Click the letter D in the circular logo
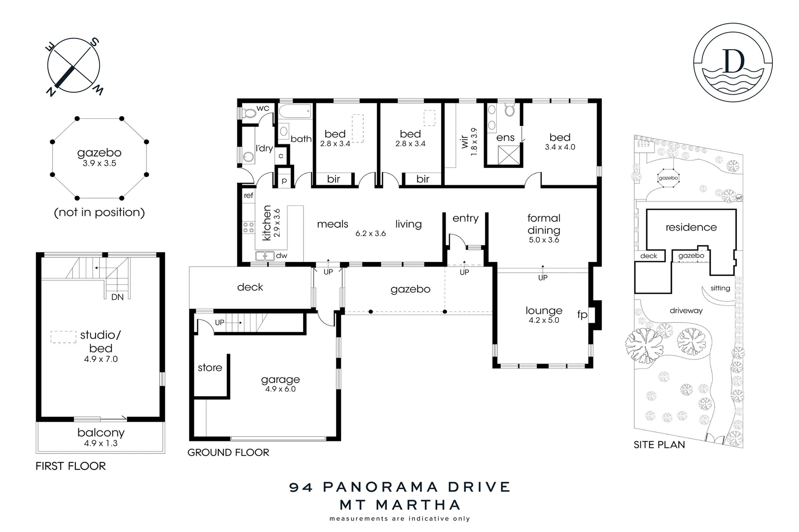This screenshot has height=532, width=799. click(x=733, y=61)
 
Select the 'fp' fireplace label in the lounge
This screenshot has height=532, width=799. click(x=582, y=314)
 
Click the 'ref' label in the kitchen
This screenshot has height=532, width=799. click(x=248, y=196)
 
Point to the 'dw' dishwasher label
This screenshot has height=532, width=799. click(x=281, y=256)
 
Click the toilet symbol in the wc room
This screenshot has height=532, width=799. click(x=250, y=114)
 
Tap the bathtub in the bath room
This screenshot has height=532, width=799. click(x=295, y=112)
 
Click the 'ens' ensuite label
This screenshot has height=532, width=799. click(x=505, y=138)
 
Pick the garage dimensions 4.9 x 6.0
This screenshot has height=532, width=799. click(x=280, y=389)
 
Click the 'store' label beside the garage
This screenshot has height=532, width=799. click(x=210, y=367)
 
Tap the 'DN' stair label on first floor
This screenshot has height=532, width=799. click(x=117, y=297)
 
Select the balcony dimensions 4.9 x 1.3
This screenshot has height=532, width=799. click(x=101, y=443)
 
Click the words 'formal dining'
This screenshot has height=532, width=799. click(x=544, y=224)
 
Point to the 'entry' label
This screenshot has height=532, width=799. click(x=465, y=218)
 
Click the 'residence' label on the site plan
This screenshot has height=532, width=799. click(x=691, y=227)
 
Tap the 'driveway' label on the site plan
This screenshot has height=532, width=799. click(x=686, y=311)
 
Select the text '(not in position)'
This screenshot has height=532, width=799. click(x=99, y=212)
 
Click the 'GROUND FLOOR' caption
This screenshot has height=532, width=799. click(x=228, y=452)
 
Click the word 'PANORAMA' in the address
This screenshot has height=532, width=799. click(x=382, y=487)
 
